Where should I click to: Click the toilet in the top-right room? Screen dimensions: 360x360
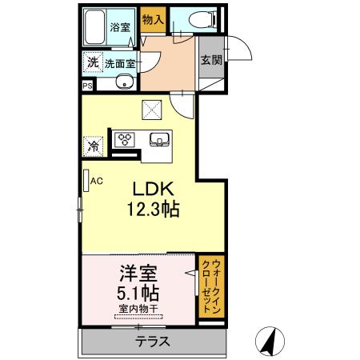pyautogui.click(x=203, y=19)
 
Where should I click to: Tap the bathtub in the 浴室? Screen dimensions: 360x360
pyautogui.click(x=94, y=27)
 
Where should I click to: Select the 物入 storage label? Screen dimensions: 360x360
pyautogui.click(x=153, y=19)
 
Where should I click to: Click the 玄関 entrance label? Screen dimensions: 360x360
pyautogui.click(x=211, y=60)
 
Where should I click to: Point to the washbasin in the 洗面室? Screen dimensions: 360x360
pyautogui.click(x=124, y=82)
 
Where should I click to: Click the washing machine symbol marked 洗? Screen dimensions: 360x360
pyautogui.click(x=93, y=62)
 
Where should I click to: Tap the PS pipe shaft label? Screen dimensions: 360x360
pyautogui.click(x=87, y=86)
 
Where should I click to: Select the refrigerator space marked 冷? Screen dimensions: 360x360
pyautogui.click(x=93, y=146)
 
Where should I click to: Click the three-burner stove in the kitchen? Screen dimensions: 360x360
pyautogui.click(x=125, y=139)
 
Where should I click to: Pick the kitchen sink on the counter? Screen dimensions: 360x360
pyautogui.click(x=159, y=140)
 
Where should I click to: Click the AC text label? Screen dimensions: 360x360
pyautogui.click(x=97, y=181)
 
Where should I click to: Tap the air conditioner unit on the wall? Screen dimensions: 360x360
pyautogui.click(x=86, y=181)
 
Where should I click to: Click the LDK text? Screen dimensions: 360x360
pyautogui.click(x=154, y=189)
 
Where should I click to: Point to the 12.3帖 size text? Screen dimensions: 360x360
pyautogui.click(x=154, y=210)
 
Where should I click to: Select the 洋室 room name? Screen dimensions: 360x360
pyautogui.click(x=138, y=274)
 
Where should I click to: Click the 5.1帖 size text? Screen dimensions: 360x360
pyautogui.click(x=138, y=294)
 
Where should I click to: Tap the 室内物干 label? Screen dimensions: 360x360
pyautogui.click(x=138, y=309)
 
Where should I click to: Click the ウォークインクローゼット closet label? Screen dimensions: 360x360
pyautogui.click(x=211, y=286)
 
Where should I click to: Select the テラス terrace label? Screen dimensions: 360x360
pyautogui.click(x=153, y=342)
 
